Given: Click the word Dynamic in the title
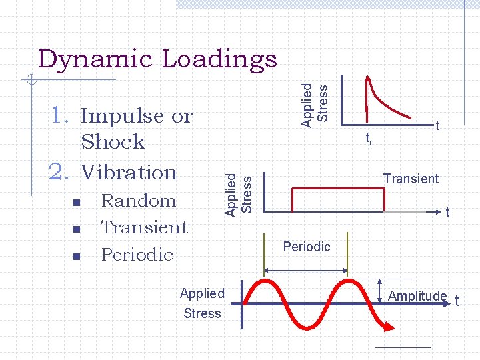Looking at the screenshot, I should [95, 59].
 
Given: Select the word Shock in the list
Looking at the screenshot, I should [113, 142].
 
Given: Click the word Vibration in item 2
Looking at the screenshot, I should [129, 172].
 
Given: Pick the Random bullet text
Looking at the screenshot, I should [138, 201].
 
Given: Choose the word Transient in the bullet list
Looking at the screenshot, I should [144, 227].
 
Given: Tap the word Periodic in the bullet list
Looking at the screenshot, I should [137, 255].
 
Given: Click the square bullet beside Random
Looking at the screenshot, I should [77, 202].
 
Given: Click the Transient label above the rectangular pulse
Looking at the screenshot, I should [411, 179].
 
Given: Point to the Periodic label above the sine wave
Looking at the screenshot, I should [307, 247].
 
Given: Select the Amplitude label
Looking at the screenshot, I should [417, 296].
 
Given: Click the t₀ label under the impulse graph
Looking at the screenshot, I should [369, 139].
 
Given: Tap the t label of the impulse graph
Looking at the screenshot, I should [437, 125].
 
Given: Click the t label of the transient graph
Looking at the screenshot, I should [447, 213].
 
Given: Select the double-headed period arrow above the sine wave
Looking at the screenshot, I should [306, 271].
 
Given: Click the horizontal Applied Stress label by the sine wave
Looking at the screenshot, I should [202, 303].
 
